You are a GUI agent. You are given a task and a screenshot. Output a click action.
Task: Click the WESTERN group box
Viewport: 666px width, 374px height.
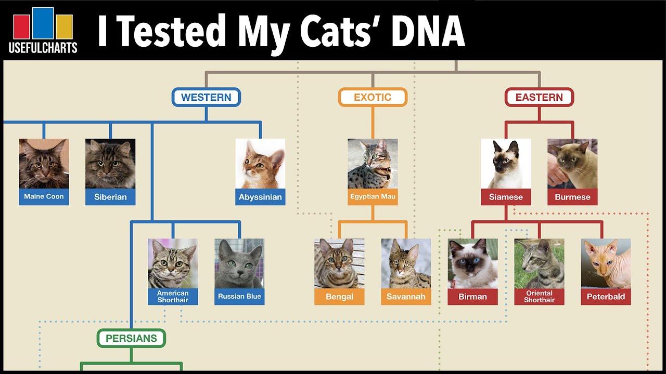click(206, 97)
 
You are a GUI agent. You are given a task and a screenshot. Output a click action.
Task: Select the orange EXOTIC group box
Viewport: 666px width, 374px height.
click(373, 97)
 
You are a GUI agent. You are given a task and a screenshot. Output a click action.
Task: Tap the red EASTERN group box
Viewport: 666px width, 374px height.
click(539, 97)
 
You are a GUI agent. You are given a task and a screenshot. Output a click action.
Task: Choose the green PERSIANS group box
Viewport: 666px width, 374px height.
click(131, 338)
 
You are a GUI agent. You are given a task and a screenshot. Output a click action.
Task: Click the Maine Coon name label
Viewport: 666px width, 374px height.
click(44, 196)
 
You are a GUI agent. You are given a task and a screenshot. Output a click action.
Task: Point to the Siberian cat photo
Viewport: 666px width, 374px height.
click(110, 164)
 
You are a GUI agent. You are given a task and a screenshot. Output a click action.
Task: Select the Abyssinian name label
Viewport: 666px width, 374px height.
click(260, 197)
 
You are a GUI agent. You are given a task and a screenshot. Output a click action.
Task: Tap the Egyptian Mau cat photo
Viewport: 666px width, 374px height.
click(373, 164)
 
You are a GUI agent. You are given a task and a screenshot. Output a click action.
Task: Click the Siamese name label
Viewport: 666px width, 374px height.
click(506, 197)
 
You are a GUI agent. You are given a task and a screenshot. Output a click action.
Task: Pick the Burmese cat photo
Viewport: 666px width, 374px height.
click(572, 164)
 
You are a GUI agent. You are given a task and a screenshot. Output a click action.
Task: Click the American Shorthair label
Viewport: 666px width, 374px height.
click(173, 297)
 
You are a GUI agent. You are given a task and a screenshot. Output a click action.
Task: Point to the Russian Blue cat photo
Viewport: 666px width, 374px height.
click(239, 263)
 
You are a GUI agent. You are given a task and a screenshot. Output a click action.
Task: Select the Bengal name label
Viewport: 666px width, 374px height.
click(339, 297)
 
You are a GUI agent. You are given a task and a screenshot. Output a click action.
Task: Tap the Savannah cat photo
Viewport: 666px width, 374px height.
click(406, 263)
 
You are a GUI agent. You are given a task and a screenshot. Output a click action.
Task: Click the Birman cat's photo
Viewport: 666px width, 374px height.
click(472, 263)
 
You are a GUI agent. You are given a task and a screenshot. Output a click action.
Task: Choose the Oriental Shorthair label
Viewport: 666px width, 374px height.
click(539, 297)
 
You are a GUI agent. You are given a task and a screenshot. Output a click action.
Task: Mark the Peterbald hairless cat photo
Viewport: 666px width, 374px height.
click(606, 263)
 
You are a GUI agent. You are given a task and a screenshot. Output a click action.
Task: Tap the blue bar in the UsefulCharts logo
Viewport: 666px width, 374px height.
click(43, 23)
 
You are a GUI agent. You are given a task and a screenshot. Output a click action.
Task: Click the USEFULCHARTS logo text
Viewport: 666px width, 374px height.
click(43, 47)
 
